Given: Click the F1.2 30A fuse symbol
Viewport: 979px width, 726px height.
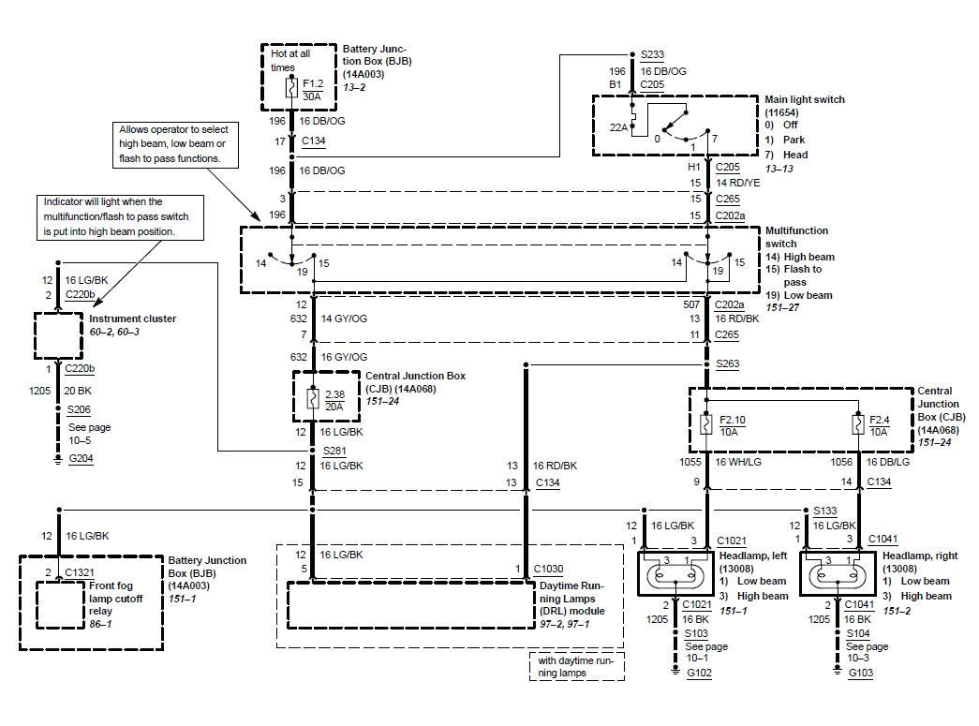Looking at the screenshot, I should pos(291,89).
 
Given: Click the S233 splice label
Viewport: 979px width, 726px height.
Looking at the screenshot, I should pos(653,54).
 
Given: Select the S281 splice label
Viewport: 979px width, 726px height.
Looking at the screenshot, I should pos(334,451).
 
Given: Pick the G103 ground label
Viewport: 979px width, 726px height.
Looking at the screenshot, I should pos(860,673).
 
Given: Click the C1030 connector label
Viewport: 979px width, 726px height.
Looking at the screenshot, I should pos(549,569).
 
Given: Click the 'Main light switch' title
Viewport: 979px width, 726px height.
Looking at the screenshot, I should pos(804,99).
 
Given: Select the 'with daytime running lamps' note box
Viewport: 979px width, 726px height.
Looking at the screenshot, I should pos(576,666).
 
